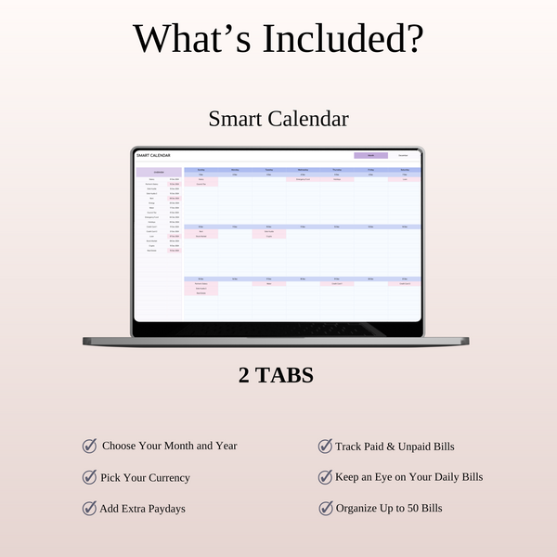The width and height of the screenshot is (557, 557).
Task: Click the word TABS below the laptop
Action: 286,376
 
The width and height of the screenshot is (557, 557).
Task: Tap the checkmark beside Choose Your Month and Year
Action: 90,446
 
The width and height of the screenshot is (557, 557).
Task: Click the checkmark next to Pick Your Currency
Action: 90,477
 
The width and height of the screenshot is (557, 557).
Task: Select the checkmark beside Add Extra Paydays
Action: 90,508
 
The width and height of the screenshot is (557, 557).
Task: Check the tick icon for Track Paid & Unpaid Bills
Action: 325,447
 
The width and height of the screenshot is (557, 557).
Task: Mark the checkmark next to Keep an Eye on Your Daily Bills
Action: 325,477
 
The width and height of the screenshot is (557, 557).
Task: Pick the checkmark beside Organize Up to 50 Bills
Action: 325,508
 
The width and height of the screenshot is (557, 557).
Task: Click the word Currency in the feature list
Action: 167,477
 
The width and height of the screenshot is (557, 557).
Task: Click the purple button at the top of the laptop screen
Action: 370,156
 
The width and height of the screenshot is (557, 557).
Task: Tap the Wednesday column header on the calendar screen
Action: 303,170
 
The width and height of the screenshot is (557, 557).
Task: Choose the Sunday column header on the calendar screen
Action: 201,170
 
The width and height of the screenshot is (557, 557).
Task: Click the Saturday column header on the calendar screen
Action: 405,170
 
